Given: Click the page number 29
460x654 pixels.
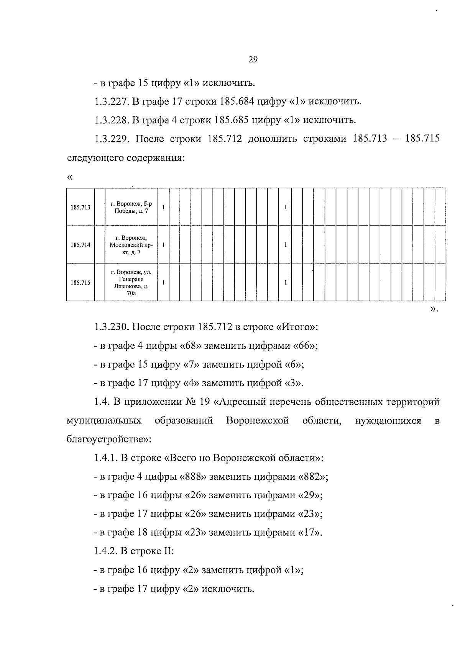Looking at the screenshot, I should [253, 59].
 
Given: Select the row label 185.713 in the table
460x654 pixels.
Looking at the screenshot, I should [80, 208].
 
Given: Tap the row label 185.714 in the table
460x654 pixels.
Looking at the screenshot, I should [80, 245].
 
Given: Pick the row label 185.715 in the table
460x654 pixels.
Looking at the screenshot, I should [80, 283].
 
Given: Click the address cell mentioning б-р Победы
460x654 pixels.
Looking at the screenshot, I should [131, 208].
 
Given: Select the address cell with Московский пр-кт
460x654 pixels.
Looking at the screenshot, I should [131, 245].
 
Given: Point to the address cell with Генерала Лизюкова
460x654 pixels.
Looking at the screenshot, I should [131, 283].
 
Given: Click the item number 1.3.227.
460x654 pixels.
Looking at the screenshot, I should [111, 102].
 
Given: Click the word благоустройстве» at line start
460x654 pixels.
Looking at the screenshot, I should [109, 439].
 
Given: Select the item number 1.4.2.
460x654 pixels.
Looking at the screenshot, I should [105, 551].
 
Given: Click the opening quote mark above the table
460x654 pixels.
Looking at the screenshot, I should [69, 177].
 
